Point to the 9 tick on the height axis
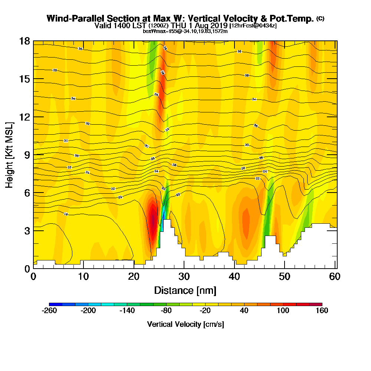[x=33, y=155]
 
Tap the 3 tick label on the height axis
[x=27, y=230]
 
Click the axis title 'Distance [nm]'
[x=185, y=290]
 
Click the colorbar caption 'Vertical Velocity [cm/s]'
[x=185, y=324]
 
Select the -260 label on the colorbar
[x=50, y=311]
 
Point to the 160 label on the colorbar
[x=322, y=311]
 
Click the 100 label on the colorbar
[x=283, y=311]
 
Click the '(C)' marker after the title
[x=320, y=19]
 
